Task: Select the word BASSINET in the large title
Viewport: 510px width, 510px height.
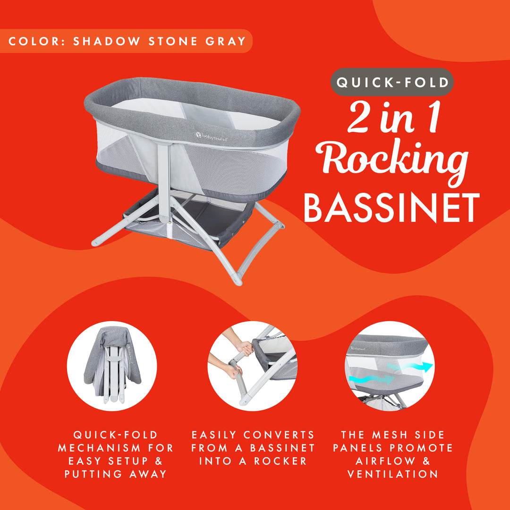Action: tap(391, 208)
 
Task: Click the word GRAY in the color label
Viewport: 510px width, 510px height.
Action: tap(226, 41)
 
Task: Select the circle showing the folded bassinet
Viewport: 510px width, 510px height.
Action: tap(112, 366)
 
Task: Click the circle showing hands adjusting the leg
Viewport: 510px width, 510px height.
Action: tap(252, 366)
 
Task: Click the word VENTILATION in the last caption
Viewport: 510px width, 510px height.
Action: tap(393, 474)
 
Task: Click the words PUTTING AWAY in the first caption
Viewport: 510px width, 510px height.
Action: tap(116, 474)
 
